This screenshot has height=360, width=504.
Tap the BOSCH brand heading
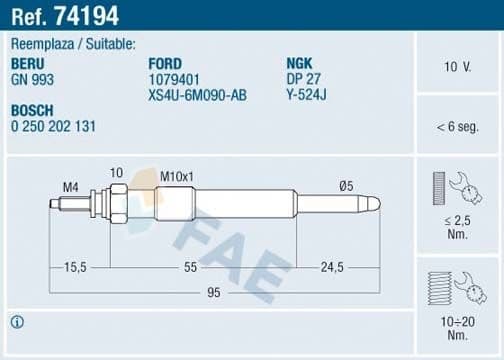click(33, 110)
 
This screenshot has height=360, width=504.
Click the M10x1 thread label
click(177, 175)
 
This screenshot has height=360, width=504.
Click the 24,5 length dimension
click(332, 268)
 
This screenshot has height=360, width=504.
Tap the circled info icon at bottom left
click(17, 322)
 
